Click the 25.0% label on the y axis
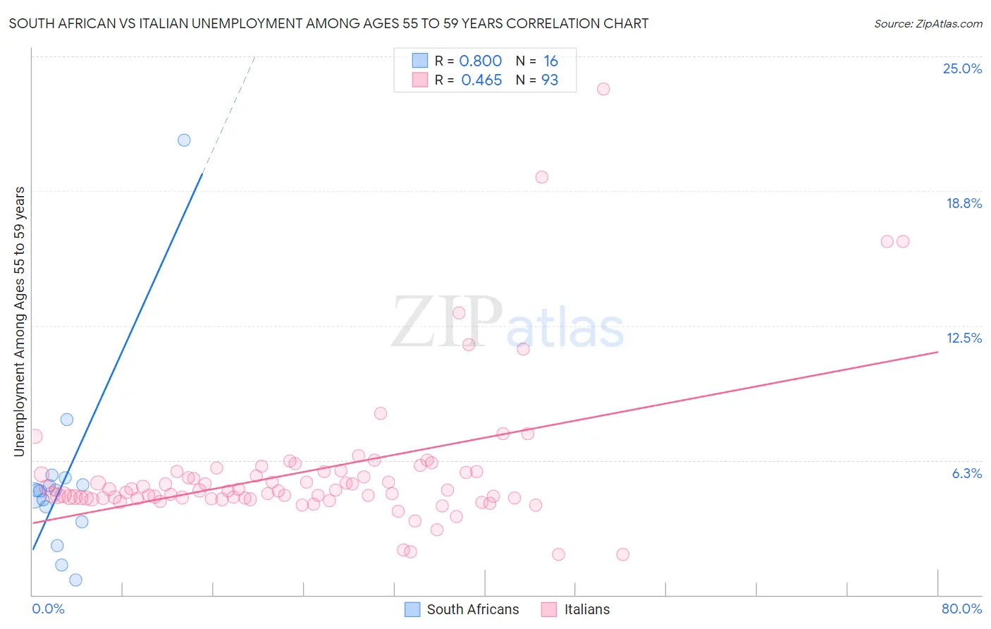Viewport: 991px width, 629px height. (x=962, y=68)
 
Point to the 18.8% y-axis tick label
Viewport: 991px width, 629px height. (x=964, y=203)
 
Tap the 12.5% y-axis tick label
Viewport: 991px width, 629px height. (x=964, y=338)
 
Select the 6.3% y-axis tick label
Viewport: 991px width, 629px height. (x=966, y=473)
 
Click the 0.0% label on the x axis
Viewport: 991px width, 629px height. (x=48, y=609)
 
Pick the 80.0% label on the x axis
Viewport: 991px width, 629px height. (x=961, y=609)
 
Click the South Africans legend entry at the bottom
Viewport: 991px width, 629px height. (x=472, y=609)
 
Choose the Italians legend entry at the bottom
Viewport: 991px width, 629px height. (x=586, y=609)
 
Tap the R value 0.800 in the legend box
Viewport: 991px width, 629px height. (x=480, y=61)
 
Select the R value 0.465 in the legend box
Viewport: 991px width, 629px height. (x=481, y=80)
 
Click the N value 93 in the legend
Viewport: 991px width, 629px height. (x=550, y=80)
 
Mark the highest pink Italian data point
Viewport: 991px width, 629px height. (x=603, y=89)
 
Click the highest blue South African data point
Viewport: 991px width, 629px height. (x=184, y=140)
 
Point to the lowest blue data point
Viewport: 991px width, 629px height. (x=75, y=580)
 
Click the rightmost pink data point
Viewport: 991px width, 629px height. (x=903, y=241)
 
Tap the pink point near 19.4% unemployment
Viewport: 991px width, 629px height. (x=541, y=177)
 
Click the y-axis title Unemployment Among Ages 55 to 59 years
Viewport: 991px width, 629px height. (x=20, y=322)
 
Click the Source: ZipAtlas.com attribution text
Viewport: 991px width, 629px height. (x=928, y=23)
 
